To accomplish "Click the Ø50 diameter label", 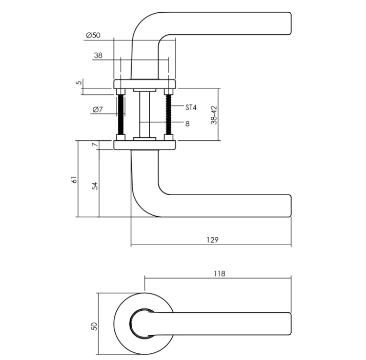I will pyautogui.click(x=93, y=35).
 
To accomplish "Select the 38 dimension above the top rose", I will pyautogui.click(x=98, y=55).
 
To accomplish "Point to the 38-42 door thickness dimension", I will pyautogui.click(x=214, y=115).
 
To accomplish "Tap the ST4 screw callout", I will pyautogui.click(x=191, y=108).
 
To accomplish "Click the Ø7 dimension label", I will pyautogui.click(x=98, y=110).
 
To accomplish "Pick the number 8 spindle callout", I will pyautogui.click(x=188, y=123).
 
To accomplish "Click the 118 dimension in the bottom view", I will pyautogui.click(x=219, y=273).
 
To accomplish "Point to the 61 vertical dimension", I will pyautogui.click(x=74, y=179).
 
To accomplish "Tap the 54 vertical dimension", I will pyautogui.click(x=94, y=185).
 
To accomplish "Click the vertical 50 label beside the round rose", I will pyautogui.click(x=94, y=326).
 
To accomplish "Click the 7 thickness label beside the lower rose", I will pyautogui.click(x=94, y=145).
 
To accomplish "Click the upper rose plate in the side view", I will pyautogui.click(x=145, y=84).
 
